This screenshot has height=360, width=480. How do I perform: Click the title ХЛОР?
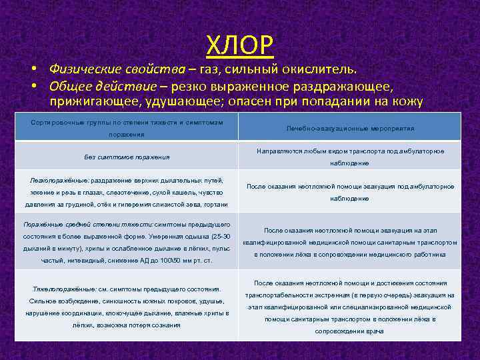pos(239,45)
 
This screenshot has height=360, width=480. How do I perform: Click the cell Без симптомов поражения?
pos(127,157)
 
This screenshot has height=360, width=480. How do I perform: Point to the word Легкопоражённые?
pos(55,181)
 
